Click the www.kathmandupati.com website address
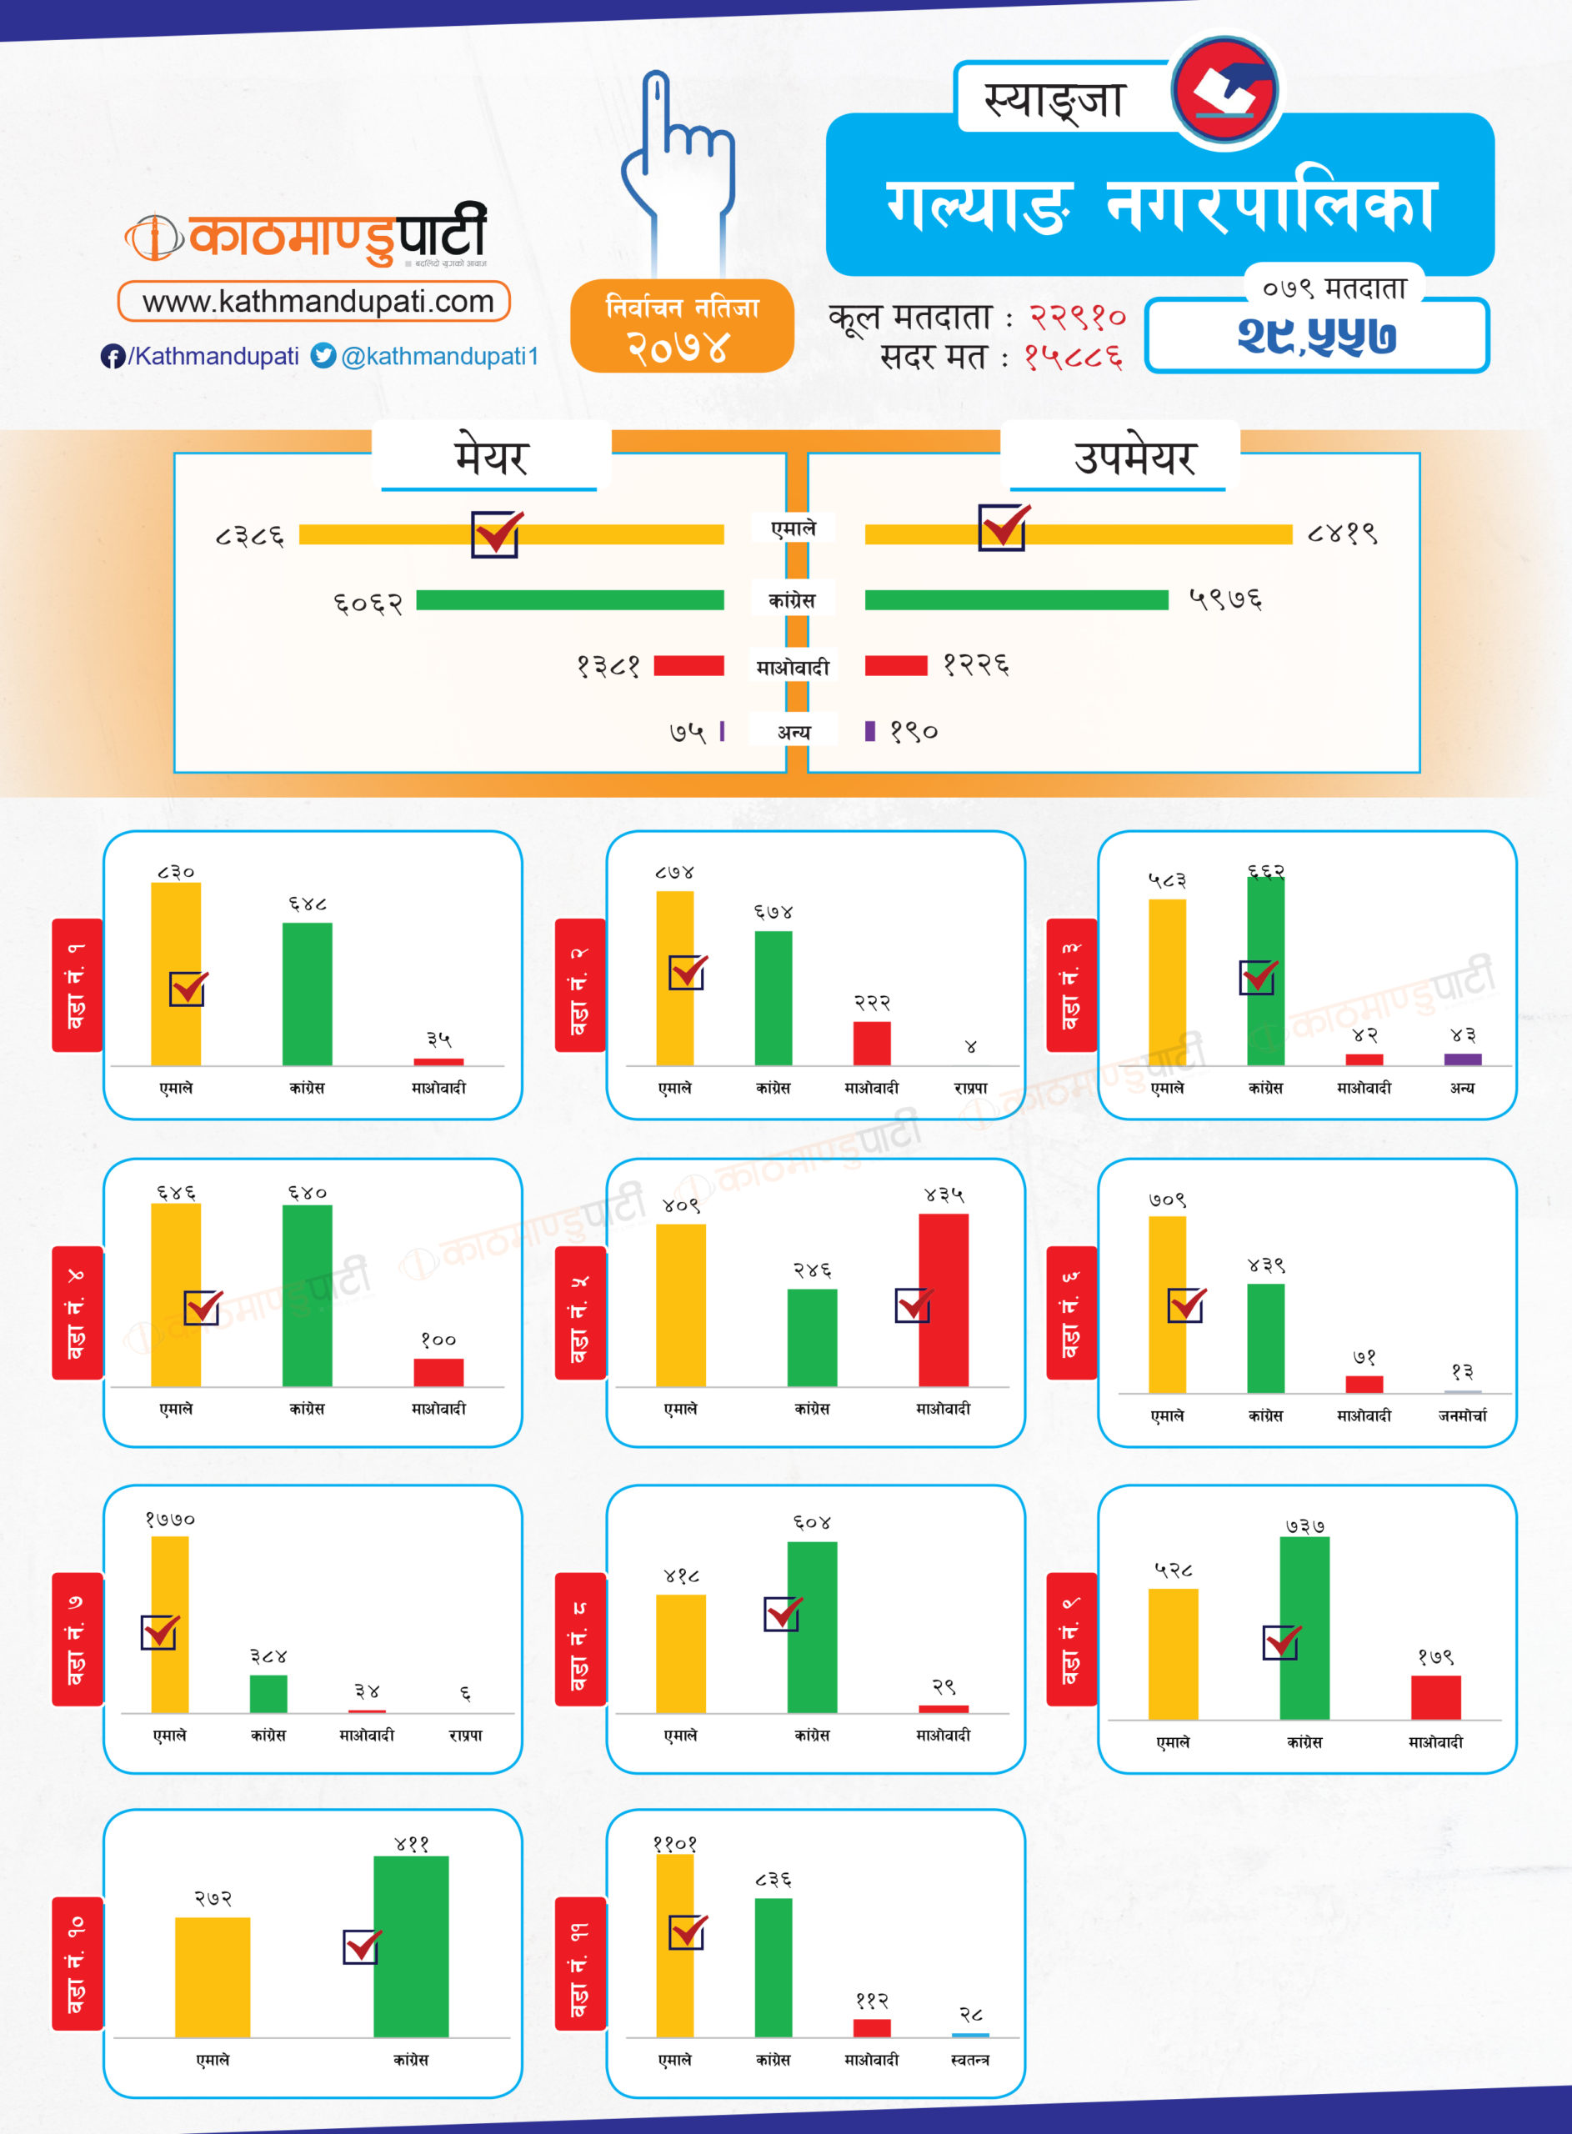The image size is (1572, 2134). click(x=318, y=302)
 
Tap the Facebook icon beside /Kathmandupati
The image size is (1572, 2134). click(x=113, y=357)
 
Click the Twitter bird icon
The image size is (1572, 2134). click(x=323, y=356)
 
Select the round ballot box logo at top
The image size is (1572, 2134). click(x=1224, y=90)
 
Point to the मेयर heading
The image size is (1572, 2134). click(x=490, y=458)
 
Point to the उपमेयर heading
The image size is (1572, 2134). click(x=1134, y=458)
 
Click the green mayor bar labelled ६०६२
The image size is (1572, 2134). click(x=569, y=600)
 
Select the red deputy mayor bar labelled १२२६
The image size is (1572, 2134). click(x=895, y=665)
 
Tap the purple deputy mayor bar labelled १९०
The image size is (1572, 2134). click(x=869, y=731)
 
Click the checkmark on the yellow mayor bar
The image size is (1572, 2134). click(x=496, y=533)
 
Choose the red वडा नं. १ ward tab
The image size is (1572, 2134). click(x=77, y=984)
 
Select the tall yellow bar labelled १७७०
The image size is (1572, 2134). click(x=169, y=1623)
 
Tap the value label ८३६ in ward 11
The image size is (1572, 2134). click(x=773, y=1880)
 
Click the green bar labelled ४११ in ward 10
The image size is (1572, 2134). click(x=411, y=1946)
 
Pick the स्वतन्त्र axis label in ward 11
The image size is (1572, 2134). click(x=969, y=2060)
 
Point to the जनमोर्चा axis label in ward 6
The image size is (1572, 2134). click(x=1462, y=1415)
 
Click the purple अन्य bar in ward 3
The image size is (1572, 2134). click(x=1463, y=1059)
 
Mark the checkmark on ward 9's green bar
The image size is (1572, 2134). click(x=1281, y=1642)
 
